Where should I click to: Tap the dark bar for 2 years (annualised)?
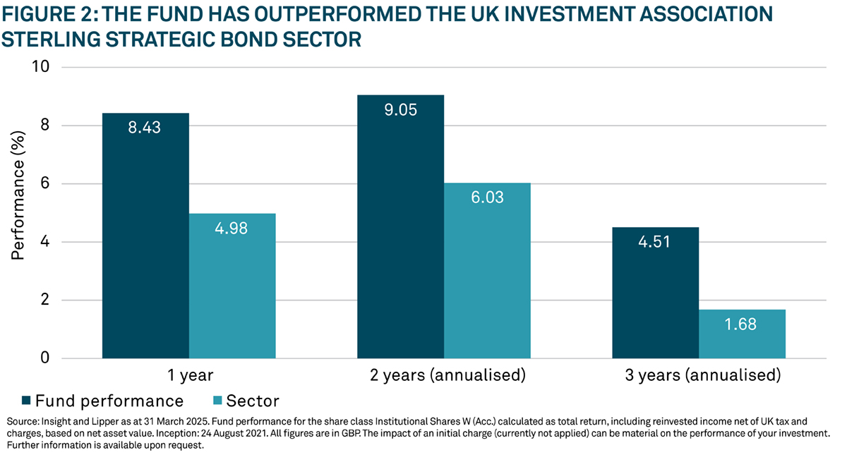[x=401, y=226]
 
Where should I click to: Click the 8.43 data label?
[x=145, y=129]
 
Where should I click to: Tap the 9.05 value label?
[x=401, y=111]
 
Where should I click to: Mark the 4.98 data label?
[x=232, y=229]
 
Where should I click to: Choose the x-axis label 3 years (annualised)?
[x=699, y=375]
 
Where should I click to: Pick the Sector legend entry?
[x=248, y=401]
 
